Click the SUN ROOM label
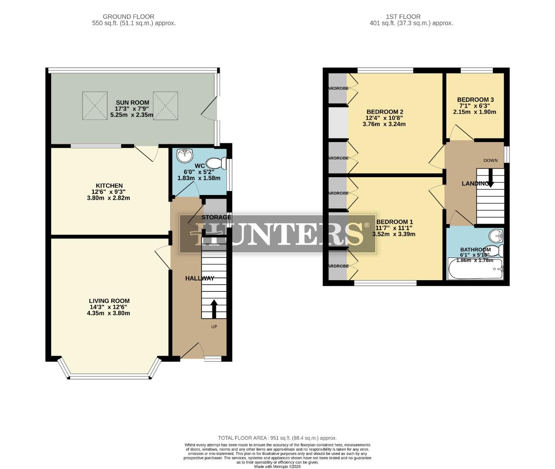126,102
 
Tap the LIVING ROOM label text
109,301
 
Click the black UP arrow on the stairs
214,309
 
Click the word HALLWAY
200,278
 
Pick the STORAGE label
216,217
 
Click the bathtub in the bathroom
475,270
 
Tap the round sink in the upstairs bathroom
495,236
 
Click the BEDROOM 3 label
475,99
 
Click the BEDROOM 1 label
394,221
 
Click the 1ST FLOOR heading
403,17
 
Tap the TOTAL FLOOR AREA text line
277,438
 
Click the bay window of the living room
109,376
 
